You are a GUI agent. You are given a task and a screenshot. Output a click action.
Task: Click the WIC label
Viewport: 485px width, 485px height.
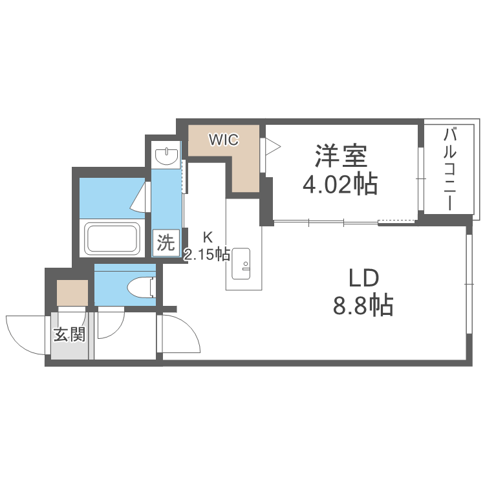tap(223, 138)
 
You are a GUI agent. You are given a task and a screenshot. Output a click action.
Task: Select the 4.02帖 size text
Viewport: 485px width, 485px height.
tap(341, 185)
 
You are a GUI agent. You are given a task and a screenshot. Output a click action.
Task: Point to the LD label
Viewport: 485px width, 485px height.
tap(363, 279)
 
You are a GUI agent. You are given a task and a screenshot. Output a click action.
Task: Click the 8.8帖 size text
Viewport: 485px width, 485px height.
tap(363, 305)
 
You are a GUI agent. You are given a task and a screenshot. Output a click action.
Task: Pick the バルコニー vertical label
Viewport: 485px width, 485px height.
tap(449, 170)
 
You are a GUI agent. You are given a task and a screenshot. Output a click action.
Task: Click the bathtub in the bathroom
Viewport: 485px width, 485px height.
tap(113, 239)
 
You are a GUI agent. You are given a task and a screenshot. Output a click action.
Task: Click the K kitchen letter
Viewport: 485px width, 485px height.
tap(208, 237)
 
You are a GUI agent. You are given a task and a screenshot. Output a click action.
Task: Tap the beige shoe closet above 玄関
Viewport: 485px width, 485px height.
tap(72, 292)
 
